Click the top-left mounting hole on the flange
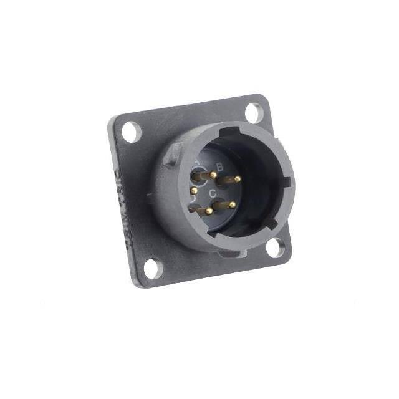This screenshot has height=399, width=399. click(x=132, y=132)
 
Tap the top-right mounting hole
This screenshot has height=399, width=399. click(x=254, y=112)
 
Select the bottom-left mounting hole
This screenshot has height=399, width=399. click(x=151, y=269)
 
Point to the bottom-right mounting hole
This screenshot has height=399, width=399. click(x=274, y=248)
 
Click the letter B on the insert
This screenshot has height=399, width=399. click(x=219, y=166)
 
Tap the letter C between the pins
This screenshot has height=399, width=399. click(x=213, y=194)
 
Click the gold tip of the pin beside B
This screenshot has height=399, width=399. click(x=238, y=179)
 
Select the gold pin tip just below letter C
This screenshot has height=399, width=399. click(x=232, y=204)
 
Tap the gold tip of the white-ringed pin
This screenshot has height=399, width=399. click(x=214, y=175)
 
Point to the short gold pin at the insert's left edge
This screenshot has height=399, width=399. click(x=193, y=190)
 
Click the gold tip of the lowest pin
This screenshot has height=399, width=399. click(x=209, y=212)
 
